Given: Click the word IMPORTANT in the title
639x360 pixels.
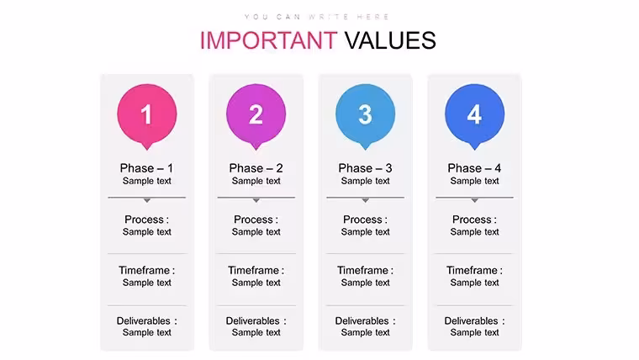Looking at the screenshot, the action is click(x=268, y=40).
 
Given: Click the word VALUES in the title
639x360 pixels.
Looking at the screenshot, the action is click(x=390, y=40).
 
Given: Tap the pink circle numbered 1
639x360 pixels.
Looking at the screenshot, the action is click(x=147, y=114).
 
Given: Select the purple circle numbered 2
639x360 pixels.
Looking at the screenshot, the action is click(x=256, y=114).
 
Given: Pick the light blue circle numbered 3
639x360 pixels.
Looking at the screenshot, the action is click(x=365, y=114).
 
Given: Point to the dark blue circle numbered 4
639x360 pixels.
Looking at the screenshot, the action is click(x=474, y=114).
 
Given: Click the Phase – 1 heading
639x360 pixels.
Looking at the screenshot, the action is click(x=146, y=168).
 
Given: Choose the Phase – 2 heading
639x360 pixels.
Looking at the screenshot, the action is click(x=256, y=168).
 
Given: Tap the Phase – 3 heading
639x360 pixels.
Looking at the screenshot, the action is click(x=365, y=168).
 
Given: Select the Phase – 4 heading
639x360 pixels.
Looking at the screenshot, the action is click(x=474, y=168).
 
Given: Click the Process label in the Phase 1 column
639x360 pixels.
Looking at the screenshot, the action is click(x=146, y=220).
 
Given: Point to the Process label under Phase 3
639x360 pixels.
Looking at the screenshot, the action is click(x=365, y=220).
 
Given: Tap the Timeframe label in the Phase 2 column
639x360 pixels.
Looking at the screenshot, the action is click(x=256, y=270).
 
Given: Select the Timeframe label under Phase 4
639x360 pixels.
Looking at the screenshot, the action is click(x=474, y=270).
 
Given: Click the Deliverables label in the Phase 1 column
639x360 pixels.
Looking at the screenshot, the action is click(x=146, y=320).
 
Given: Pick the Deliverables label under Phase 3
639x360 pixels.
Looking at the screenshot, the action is click(x=365, y=320).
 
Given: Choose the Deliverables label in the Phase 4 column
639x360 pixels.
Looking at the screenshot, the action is click(x=474, y=320).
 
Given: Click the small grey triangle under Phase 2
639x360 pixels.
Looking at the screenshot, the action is click(x=256, y=200).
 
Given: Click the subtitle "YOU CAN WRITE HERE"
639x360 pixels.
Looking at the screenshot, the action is click(x=317, y=17).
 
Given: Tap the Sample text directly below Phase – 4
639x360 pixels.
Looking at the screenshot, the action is click(x=474, y=181).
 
